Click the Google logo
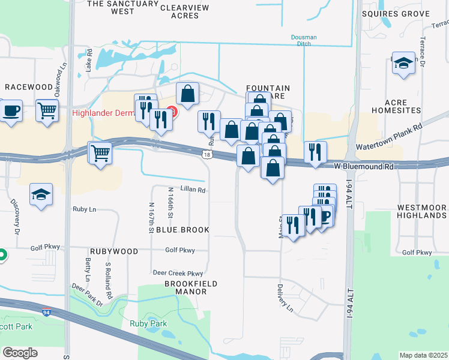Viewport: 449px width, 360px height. pyautogui.click(x=20, y=353)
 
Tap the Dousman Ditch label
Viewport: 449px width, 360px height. pyautogui.click(x=304, y=41)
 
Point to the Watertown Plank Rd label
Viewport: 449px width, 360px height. pyautogui.click(x=390, y=137)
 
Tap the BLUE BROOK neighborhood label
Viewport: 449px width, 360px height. pyautogui.click(x=182, y=230)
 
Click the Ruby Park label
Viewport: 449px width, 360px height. pyautogui.click(x=148, y=323)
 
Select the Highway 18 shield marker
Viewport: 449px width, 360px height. pyautogui.click(x=207, y=155)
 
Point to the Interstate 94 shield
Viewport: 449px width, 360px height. pyautogui.click(x=46, y=313)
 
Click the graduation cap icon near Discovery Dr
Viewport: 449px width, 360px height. pyautogui.click(x=41, y=194)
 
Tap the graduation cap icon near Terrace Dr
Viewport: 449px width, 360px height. pyautogui.click(x=403, y=62)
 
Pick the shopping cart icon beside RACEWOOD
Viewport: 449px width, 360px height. pyautogui.click(x=47, y=110)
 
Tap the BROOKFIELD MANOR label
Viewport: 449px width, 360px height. pyautogui.click(x=177, y=287)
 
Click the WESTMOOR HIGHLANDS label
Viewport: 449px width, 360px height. pyautogui.click(x=421, y=211)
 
